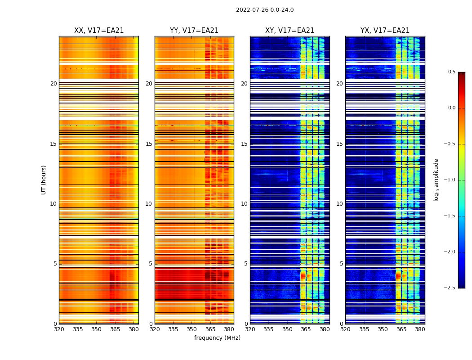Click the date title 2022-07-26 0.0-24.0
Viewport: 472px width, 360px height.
(265, 10)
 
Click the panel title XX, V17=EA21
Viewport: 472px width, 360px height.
(99, 31)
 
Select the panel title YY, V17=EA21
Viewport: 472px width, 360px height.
(194, 31)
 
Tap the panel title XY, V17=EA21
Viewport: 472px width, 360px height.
(289, 31)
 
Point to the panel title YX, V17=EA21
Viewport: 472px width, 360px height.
(385, 31)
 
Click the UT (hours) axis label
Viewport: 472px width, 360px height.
(44, 180)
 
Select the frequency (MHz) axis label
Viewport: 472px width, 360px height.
(217, 338)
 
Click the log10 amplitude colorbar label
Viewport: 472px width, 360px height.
(436, 180)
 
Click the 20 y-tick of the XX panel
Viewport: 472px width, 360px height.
(53, 84)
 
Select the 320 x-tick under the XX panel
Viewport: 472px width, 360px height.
(59, 329)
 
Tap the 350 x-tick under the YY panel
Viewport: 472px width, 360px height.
(192, 329)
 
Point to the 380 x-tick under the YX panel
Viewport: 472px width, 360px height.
(420, 329)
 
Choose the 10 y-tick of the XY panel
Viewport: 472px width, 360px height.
(244, 204)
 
